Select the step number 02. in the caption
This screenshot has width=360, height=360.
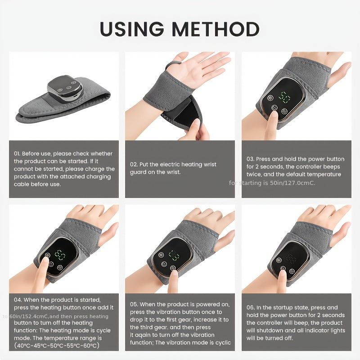[134, 164]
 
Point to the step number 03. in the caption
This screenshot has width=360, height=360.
[251, 159]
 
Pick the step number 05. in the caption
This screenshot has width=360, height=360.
[135, 304]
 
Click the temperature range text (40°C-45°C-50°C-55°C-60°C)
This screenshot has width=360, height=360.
[57, 346]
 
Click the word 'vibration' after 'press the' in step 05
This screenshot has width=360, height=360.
[168, 312]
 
